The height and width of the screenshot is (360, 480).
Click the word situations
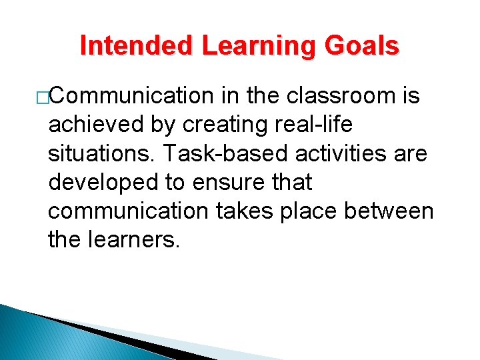102,154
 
